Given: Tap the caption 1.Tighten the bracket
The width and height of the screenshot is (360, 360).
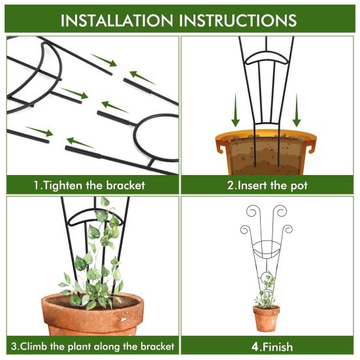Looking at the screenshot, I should tap(90, 185).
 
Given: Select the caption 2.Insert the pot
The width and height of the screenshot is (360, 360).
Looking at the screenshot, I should tap(267, 185).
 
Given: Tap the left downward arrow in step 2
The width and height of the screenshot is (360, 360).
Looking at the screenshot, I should tap(235, 111).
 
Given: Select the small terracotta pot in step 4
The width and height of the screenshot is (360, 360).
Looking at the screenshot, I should tap(267, 318).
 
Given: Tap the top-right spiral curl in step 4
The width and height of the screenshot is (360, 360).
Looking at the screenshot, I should tap(280, 212).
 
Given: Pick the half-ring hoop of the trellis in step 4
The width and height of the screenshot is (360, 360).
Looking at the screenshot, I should tap(267, 252).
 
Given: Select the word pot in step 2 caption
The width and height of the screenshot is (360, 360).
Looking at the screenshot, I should tap(299, 185).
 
